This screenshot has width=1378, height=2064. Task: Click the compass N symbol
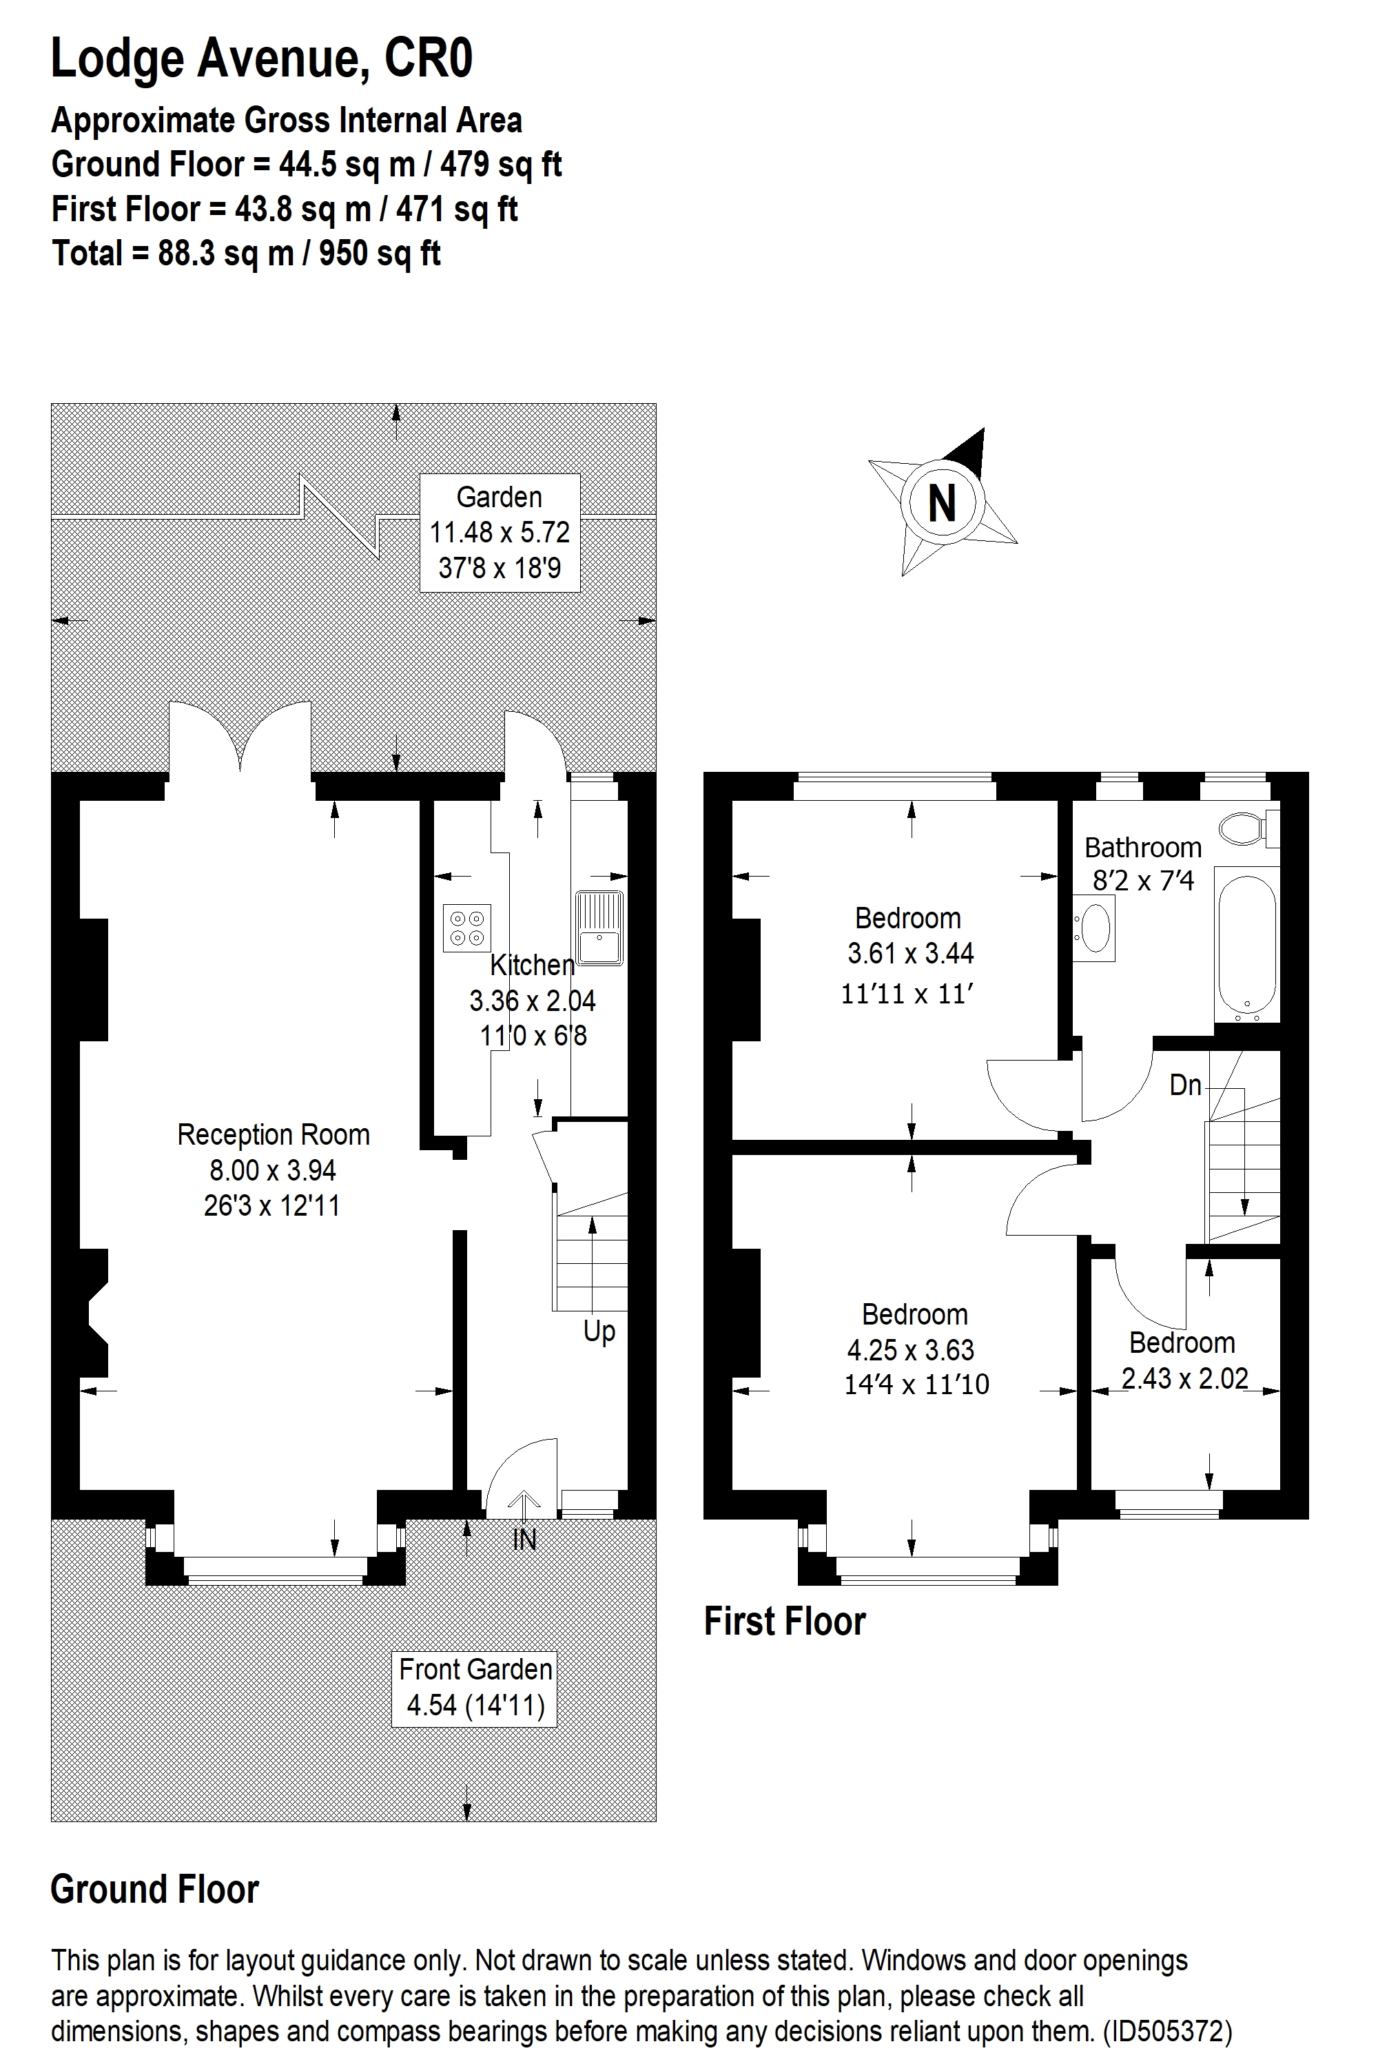coord(942,504)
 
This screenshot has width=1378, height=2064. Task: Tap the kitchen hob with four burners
coord(466,928)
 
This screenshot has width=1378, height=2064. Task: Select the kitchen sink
coord(599,928)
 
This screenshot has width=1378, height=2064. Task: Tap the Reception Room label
coord(274,1135)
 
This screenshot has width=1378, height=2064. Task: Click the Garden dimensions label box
coord(499,533)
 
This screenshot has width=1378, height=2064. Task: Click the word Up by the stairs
coord(599,1331)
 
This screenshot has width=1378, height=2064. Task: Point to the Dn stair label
coord(1184,1085)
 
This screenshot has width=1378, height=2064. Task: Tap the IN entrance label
coord(524,1540)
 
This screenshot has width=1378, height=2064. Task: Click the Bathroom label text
coord(1142,848)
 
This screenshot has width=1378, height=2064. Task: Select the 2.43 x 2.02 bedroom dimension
coord(1184,1378)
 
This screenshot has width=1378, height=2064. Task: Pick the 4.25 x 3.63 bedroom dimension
coord(910,1349)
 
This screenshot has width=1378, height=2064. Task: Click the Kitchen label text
coord(532,965)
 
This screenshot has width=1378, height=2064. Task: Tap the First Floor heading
coord(785,1622)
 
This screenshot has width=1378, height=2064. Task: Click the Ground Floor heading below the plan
coord(154,1889)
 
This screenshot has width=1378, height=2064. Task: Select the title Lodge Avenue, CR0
coord(262,59)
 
